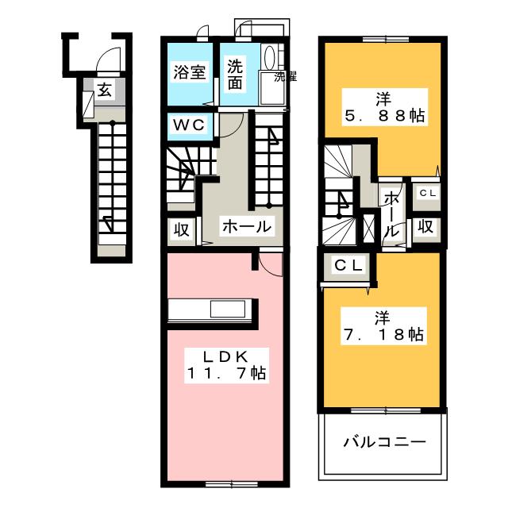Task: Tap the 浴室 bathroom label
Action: [190, 72]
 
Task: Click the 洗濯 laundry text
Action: [285, 77]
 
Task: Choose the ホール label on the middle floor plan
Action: [247, 227]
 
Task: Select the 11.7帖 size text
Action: [226, 371]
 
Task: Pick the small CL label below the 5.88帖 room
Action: [426, 192]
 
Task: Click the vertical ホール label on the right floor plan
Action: [391, 213]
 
